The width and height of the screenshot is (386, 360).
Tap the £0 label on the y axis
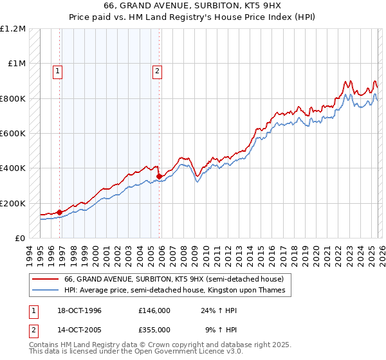19,238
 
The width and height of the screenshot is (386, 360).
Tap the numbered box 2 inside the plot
157,71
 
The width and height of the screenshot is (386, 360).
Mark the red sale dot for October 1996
60,212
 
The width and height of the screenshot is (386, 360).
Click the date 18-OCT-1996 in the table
75,310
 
